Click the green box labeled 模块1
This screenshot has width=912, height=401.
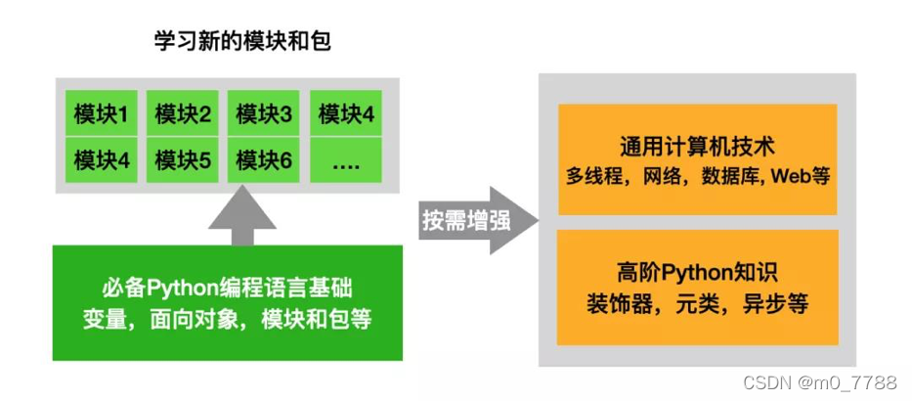coord(102,115)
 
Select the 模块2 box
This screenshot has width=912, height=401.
coord(184,115)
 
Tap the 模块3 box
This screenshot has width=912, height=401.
coord(264,115)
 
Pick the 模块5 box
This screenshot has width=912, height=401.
coord(184,159)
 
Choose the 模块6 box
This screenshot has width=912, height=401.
coord(264,159)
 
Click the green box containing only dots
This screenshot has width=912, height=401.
coord(346,159)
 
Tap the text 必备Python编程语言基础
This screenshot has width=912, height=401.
coord(227,290)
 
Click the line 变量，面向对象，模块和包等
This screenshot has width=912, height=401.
coord(227,319)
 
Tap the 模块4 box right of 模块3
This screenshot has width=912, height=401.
coord(346,115)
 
